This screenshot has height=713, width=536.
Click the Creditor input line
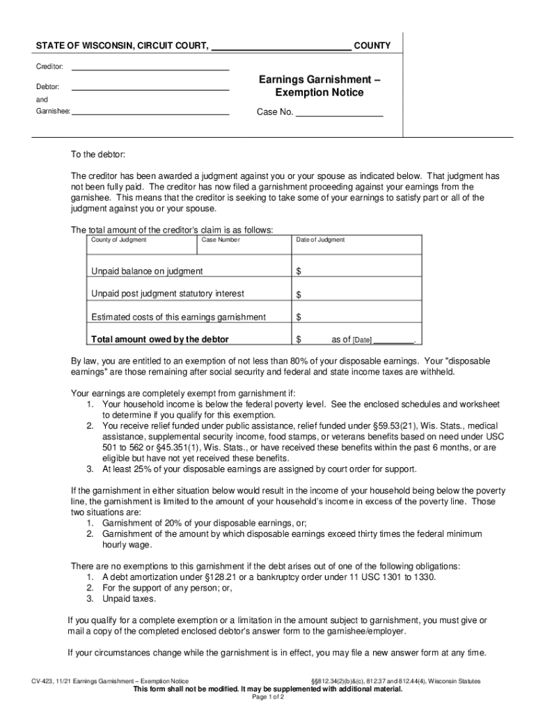click(150, 68)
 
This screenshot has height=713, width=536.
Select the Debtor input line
click(150, 87)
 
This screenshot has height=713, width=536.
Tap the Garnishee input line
click(150, 111)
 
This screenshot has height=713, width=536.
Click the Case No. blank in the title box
click(339, 112)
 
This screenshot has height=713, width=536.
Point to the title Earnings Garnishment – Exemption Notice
click(320, 86)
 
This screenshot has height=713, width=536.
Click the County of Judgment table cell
click(141, 244)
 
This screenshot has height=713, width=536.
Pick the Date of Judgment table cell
click(356, 244)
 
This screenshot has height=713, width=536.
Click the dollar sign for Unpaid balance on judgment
click(299, 272)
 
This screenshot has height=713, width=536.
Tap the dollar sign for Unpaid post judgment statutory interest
click(299, 295)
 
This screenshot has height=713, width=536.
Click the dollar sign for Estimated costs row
click(299, 318)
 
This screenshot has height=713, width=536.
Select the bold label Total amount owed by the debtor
click(160, 340)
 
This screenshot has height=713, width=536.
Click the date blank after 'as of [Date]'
click(394, 340)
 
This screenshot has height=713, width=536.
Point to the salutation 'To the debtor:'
click(98, 155)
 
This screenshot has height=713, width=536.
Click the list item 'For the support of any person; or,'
click(167, 588)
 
